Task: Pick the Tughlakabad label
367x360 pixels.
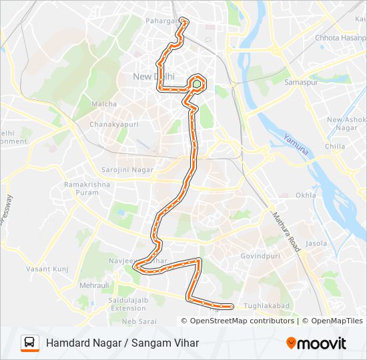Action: [266, 305]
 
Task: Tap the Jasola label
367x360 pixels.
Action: [316, 243]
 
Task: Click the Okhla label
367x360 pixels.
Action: [306, 195]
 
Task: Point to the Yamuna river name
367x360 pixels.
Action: [296, 145]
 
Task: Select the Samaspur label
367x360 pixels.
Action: [299, 82]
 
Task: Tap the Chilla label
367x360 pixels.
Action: [334, 146]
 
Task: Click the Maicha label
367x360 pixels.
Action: [104, 104]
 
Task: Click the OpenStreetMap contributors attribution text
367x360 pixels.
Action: [242, 321]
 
